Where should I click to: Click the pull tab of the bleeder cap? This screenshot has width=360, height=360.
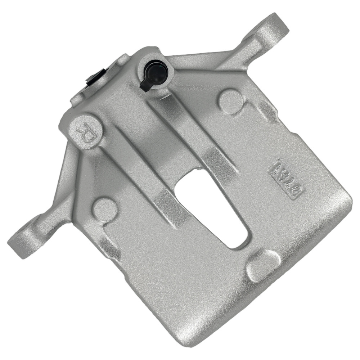tap(145, 86)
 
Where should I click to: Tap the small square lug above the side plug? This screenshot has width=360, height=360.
tap(122, 59)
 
